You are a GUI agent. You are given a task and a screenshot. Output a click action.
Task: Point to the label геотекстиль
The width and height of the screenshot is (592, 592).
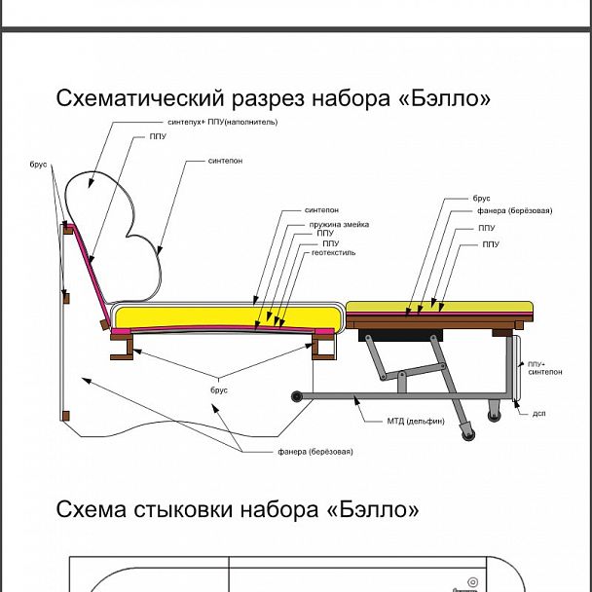pyautogui.click(x=333, y=252)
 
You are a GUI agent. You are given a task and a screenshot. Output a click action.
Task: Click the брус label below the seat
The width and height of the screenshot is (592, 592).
pyautogui.click(x=219, y=389)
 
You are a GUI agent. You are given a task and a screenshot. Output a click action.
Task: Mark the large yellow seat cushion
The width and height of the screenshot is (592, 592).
pyautogui.click(x=228, y=316)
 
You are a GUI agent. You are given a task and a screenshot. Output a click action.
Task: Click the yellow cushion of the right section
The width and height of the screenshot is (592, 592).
pyautogui.click(x=440, y=307)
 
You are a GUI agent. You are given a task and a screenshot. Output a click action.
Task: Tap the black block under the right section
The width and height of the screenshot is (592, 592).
pyautogui.click(x=394, y=334)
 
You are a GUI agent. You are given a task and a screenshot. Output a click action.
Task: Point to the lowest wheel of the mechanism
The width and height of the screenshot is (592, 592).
pyautogui.click(x=471, y=429)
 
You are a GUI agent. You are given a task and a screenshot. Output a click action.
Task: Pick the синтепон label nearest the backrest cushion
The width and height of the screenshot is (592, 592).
pyautogui.click(x=225, y=161)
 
